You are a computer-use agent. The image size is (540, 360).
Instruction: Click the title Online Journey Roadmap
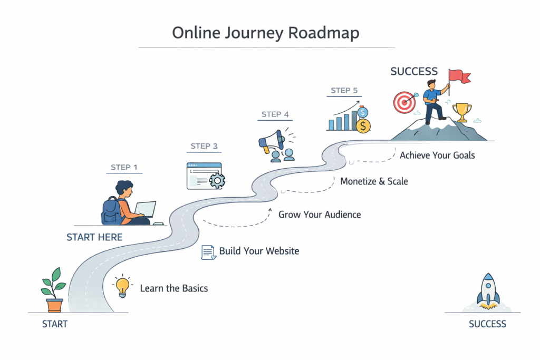[x=266, y=33]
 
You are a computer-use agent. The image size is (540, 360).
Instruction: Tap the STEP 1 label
[x=124, y=168]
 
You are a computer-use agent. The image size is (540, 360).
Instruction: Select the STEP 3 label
[x=204, y=146]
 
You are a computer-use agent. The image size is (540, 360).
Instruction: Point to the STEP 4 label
[x=275, y=114]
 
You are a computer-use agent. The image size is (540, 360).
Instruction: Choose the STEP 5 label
[x=344, y=90]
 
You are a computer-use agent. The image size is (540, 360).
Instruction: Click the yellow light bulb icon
[x=122, y=287]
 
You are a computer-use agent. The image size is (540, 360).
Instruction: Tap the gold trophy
[x=462, y=112]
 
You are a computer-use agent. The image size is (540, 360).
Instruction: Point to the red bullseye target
[x=403, y=102]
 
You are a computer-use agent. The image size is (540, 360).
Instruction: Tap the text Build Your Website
[x=259, y=251]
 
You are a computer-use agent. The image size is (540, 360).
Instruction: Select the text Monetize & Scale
[x=374, y=181]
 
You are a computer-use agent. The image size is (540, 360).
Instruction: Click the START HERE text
[x=94, y=237]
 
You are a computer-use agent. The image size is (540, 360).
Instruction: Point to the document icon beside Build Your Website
[x=209, y=252]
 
